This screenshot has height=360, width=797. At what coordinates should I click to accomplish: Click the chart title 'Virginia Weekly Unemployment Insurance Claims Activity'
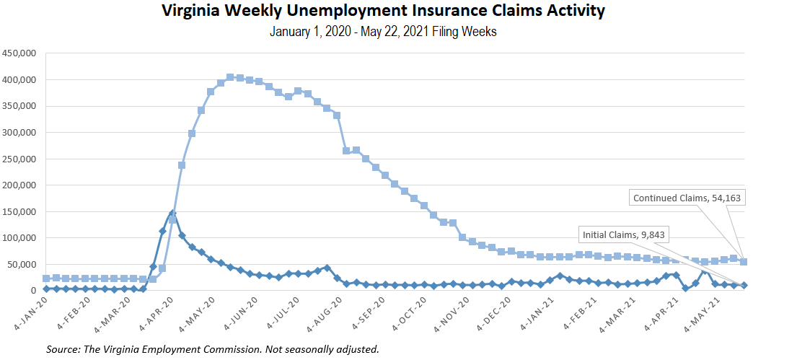click(x=383, y=11)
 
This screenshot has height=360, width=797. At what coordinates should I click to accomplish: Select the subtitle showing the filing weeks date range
click(x=383, y=32)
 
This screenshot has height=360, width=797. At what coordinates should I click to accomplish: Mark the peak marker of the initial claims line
click(x=172, y=214)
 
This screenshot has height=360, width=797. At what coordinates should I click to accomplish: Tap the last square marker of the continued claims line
click(x=744, y=262)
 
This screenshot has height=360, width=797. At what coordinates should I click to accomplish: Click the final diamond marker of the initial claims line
click(x=744, y=286)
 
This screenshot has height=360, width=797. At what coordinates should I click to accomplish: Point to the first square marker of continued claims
click(x=46, y=278)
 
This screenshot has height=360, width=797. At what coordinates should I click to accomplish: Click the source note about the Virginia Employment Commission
click(x=213, y=349)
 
